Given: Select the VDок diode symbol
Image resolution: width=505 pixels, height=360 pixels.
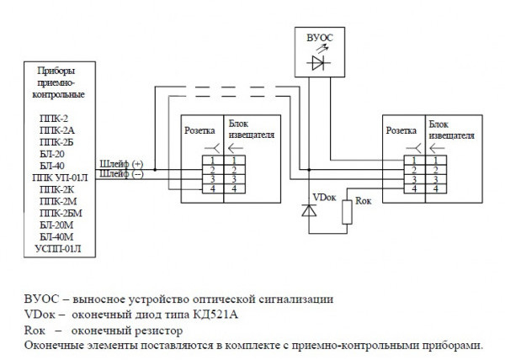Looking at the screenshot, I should tap(308, 212).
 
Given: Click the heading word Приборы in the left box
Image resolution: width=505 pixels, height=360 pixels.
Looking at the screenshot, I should tap(57, 71).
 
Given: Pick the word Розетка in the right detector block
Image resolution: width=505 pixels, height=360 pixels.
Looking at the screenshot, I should tap(401, 130).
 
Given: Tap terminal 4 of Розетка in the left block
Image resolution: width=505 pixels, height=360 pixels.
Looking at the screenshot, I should tap(212, 188).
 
